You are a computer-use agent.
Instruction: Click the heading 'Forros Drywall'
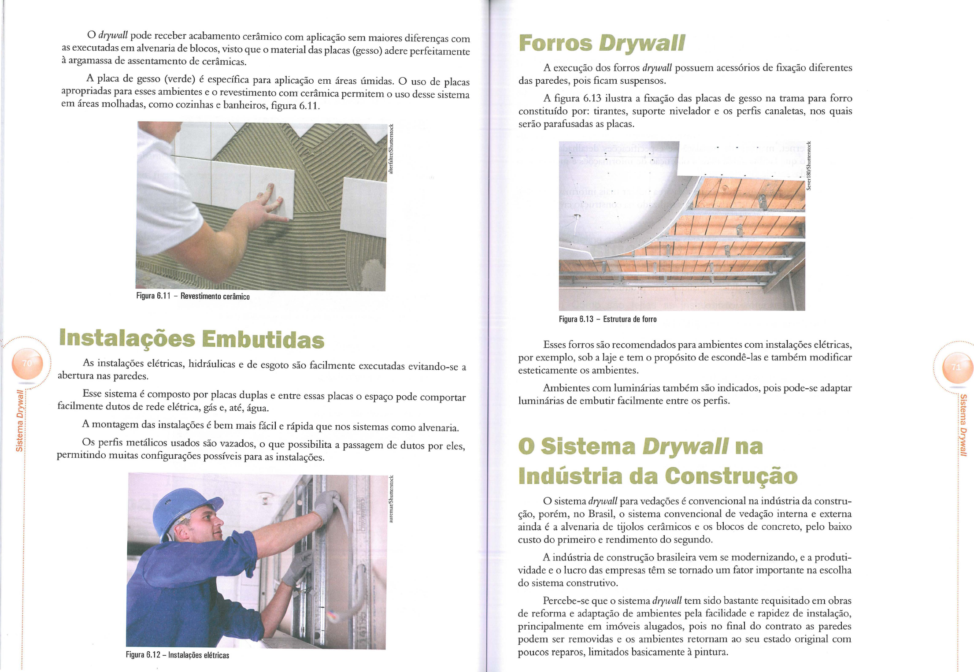coord(601,43)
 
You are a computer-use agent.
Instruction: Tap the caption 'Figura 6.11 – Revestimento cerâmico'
coord(193,296)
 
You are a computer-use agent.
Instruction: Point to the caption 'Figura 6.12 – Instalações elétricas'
coord(178,655)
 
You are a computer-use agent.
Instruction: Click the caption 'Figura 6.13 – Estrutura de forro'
coord(607,319)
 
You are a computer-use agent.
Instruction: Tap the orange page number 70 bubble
coord(28,364)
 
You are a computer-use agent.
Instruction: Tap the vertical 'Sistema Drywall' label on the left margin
coord(20,421)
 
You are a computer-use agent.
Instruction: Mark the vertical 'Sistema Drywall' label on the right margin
coord(963,425)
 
